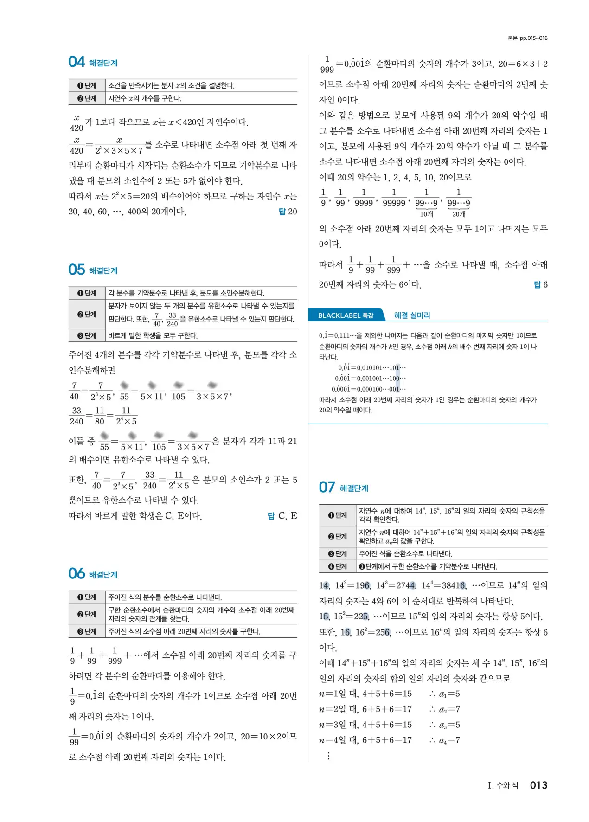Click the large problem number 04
[x=77, y=62]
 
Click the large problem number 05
[x=77, y=270]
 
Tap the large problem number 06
[x=77, y=574]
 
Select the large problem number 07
[x=327, y=488]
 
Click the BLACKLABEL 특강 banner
[x=346, y=315]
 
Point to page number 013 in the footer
[x=538, y=785]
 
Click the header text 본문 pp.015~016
[x=527, y=38]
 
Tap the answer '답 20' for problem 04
[x=288, y=212]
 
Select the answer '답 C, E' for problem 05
[x=282, y=516]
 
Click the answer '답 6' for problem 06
[x=540, y=284]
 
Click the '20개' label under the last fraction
[x=459, y=214]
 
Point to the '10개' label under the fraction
[x=426, y=214]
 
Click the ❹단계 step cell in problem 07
[x=338, y=566]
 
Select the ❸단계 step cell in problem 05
[x=87, y=335]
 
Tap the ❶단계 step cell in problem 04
[x=87, y=85]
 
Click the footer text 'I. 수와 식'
[x=503, y=785]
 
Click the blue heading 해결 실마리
[x=412, y=315]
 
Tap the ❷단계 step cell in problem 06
[x=87, y=614]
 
